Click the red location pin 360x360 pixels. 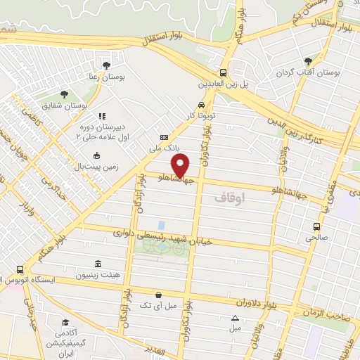(x=182, y=166)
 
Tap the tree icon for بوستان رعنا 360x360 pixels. (x=106, y=65)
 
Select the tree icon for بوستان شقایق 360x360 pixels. (x=64, y=93)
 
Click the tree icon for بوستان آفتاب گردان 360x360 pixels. (x=309, y=61)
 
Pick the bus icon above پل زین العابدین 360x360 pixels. (x=223, y=72)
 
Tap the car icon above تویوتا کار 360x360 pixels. (x=202, y=104)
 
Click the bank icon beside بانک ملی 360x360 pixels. (x=164, y=138)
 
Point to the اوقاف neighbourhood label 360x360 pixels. (x=231, y=199)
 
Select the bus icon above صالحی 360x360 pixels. (x=316, y=226)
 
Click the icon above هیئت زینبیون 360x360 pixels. (x=97, y=264)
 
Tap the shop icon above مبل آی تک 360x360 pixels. (x=159, y=295)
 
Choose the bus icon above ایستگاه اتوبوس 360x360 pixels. (x=19, y=269)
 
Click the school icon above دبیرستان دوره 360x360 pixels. (x=102, y=116)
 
